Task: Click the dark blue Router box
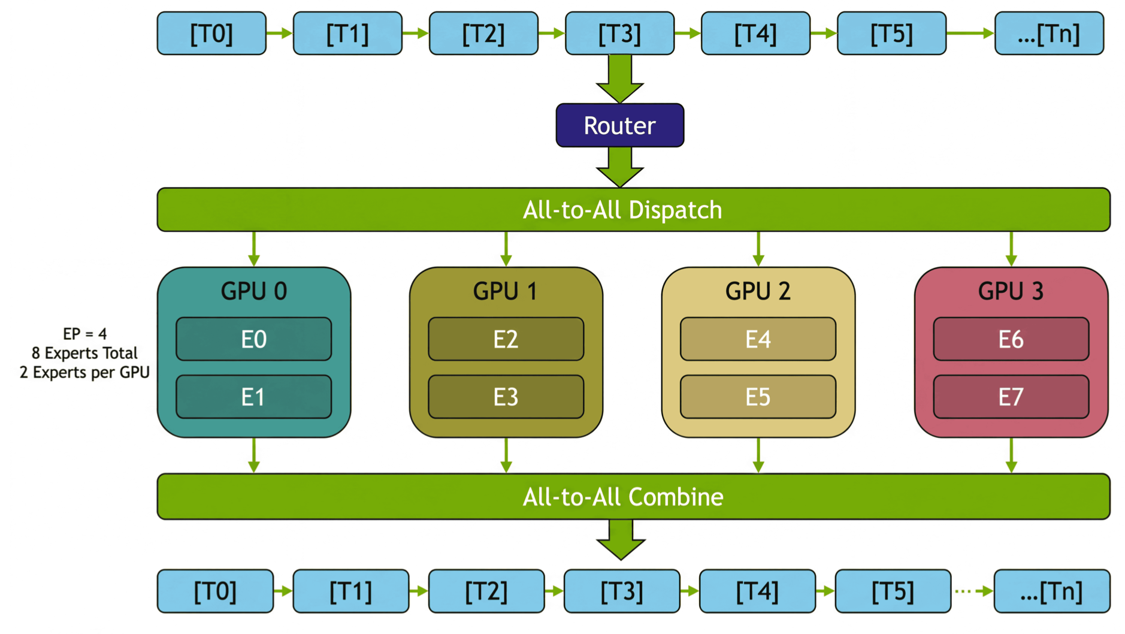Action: point(619,125)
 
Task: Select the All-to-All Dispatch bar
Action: point(633,210)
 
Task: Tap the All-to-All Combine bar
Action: point(633,497)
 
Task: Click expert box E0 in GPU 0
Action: point(253,339)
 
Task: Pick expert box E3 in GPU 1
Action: point(506,397)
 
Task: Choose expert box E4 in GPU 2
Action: point(758,339)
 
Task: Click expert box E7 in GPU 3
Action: point(1011,397)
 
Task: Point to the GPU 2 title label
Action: point(758,291)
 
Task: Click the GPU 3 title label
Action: point(1011,291)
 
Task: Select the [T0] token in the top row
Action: point(211,34)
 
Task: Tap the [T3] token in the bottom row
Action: point(622,591)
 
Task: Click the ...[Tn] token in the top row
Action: point(1049,34)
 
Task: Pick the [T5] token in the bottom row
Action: point(893,591)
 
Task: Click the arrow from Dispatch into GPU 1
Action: point(506,249)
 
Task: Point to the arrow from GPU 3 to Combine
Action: point(1011,455)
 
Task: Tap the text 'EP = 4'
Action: point(84,334)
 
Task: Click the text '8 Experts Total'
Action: point(84,353)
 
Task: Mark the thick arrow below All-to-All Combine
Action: point(621,539)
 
